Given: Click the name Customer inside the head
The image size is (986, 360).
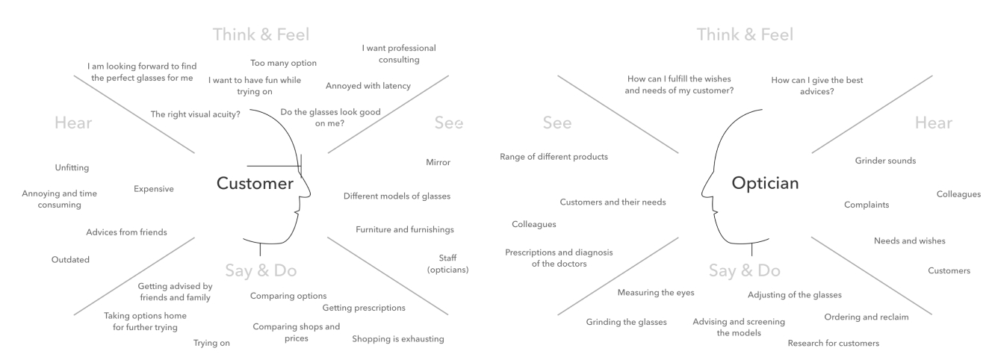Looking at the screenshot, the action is coord(255,184).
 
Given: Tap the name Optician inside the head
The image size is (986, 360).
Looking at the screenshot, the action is coord(765,183).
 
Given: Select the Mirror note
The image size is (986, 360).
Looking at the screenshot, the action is coord(438,162).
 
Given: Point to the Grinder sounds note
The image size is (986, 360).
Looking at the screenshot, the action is coord(885,161).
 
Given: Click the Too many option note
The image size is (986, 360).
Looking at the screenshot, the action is coord(284,63).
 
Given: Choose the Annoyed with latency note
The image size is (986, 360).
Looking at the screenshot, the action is coord(368,86).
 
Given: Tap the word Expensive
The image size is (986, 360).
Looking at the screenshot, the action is coord(154,189).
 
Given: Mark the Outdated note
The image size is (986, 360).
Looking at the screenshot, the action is coord(70,260).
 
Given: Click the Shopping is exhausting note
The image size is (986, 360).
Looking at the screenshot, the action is coord(398,339).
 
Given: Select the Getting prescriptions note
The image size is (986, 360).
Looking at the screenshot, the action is coord(364,308).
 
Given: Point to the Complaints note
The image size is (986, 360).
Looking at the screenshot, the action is coord(866,205).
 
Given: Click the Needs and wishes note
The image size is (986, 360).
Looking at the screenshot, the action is coord(909,240).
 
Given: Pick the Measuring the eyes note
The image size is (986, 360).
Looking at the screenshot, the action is coord(656,293).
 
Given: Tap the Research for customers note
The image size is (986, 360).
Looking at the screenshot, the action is coord(834,344).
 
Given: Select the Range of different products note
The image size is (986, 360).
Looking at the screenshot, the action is coord(554,157).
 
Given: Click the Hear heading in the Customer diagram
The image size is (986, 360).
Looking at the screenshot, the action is coord(73,122).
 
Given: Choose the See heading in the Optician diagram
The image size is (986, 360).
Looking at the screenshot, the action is coord(556,122).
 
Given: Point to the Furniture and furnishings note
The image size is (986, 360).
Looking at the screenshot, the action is coord(405,230).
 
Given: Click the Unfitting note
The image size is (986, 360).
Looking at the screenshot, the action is coord(72,168).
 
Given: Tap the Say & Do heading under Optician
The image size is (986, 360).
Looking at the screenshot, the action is coord(744,270).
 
